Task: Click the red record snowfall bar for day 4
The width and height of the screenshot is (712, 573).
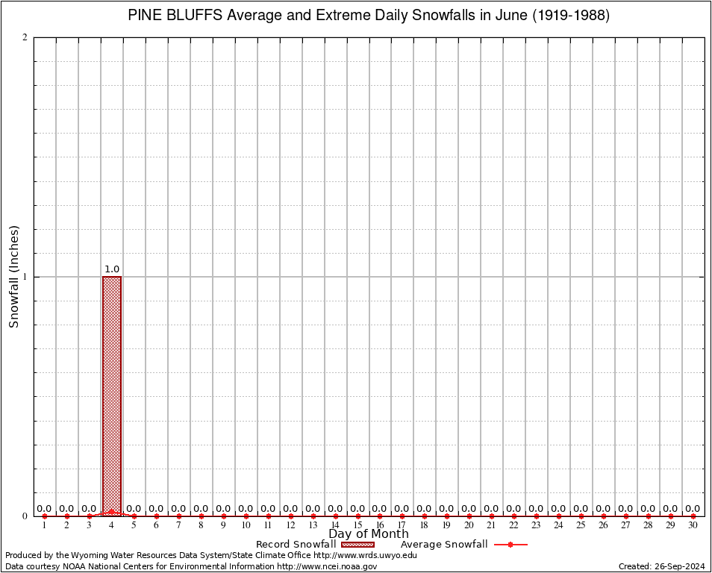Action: coord(112,395)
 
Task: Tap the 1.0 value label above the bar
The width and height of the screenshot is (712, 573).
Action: coord(112,269)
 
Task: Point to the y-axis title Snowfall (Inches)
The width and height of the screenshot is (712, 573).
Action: coord(14,276)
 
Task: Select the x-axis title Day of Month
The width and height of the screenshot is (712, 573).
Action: coord(369,534)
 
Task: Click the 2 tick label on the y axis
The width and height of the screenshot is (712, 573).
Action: coord(25,38)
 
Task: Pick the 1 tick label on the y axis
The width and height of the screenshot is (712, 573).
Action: coord(25,277)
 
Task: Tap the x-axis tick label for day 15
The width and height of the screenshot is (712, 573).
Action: coord(357,526)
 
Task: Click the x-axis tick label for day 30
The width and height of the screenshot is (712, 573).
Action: coord(693,526)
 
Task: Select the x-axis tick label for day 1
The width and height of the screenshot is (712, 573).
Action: coord(45,526)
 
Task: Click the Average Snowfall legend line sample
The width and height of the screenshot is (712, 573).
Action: coord(510,545)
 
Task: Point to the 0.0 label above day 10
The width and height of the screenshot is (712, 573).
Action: coord(246,509)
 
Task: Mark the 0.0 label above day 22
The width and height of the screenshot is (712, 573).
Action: coord(513,509)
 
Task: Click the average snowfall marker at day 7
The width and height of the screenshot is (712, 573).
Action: coord(179,516)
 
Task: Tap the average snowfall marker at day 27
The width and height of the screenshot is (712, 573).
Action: coord(625,516)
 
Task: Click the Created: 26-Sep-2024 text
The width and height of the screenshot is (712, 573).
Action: coord(662,566)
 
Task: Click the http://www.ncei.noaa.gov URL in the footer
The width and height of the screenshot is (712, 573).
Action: coord(327,566)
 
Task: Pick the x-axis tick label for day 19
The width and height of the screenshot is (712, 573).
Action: coord(447,526)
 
